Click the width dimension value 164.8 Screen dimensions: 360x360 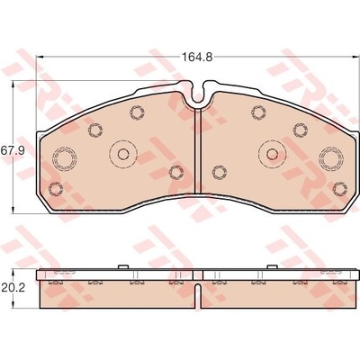(x=198, y=57)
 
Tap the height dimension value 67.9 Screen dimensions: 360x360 (x=12, y=149)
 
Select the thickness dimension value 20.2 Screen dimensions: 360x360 (x=12, y=288)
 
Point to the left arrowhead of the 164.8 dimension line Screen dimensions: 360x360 (x=40, y=57)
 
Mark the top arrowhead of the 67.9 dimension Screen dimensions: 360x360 (x=13, y=85)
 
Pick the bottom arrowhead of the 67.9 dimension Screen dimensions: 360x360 (x=13, y=210)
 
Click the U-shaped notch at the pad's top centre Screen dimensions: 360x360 (x=197, y=101)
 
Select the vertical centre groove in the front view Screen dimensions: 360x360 (x=198, y=151)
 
